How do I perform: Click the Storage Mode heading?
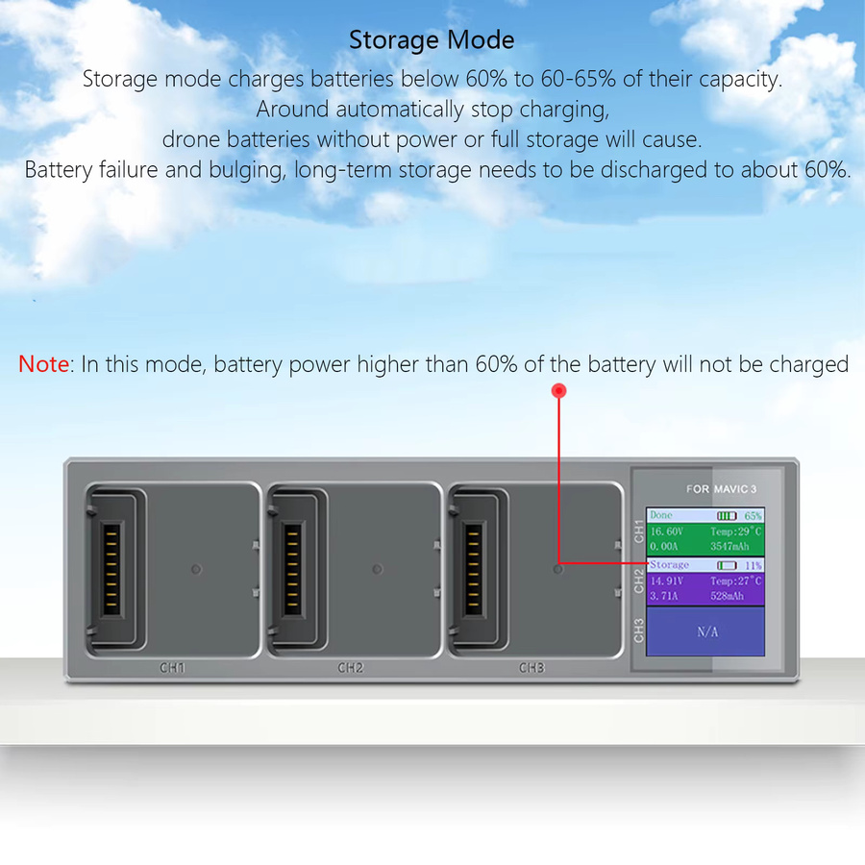pyautogui.click(x=432, y=40)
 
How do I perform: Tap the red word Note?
pyautogui.click(x=43, y=364)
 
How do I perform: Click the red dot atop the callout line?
pyautogui.click(x=558, y=390)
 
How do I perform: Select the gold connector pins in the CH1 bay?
pyautogui.click(x=111, y=569)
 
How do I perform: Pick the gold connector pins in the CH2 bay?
pyautogui.click(x=292, y=569)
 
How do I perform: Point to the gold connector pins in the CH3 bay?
pyautogui.click(x=473, y=569)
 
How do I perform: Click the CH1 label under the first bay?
pyautogui.click(x=172, y=668)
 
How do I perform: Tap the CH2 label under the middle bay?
pyautogui.click(x=351, y=668)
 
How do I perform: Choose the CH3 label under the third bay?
pyautogui.click(x=531, y=668)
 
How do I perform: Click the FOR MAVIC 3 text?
pyautogui.click(x=721, y=489)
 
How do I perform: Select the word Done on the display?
pyautogui.click(x=661, y=515)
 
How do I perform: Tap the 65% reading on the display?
pyautogui.click(x=753, y=516)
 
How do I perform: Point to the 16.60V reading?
pyautogui.click(x=666, y=531)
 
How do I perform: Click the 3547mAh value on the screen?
pyautogui.click(x=729, y=546)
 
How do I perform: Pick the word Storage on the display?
pyautogui.click(x=669, y=565)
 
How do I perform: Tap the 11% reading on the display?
pyautogui.click(x=753, y=565)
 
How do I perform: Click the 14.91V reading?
pyautogui.click(x=666, y=581)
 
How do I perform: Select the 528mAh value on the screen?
pyautogui.click(x=727, y=596)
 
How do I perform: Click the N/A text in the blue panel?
pyautogui.click(x=707, y=631)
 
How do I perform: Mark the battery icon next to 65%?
pyautogui.click(x=727, y=516)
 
